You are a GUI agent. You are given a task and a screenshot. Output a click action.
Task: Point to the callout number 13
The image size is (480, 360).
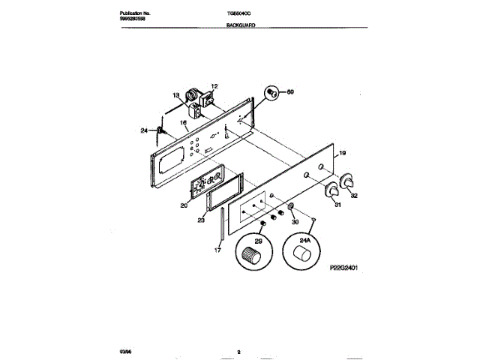coord(176,96)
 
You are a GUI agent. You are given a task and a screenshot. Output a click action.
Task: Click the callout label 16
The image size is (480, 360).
coord(182,124)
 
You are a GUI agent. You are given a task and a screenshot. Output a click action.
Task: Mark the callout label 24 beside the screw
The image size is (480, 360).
coord(144,131)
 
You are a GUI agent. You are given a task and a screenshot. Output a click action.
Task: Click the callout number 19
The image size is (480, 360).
coord(342,154)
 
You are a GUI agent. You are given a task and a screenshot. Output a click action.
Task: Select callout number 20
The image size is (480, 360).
coord(183,204)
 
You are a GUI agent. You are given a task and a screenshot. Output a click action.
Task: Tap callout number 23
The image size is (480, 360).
coord(202,220)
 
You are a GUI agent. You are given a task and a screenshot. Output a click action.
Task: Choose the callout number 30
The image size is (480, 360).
coord(294,223)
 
